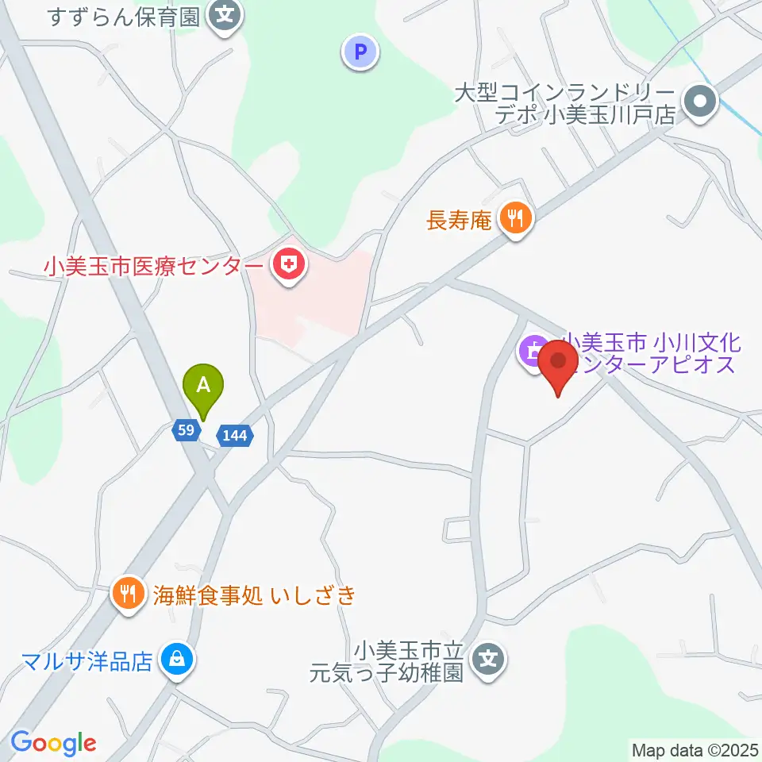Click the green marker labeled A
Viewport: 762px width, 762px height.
point(204,387)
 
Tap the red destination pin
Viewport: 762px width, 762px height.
point(559,364)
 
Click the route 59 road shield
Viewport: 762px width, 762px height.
point(185,430)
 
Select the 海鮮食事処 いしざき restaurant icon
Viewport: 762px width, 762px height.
point(128,592)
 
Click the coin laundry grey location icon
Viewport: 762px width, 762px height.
point(702,101)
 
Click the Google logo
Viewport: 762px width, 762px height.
point(53,743)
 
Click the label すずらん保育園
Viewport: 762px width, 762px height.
point(124,16)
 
